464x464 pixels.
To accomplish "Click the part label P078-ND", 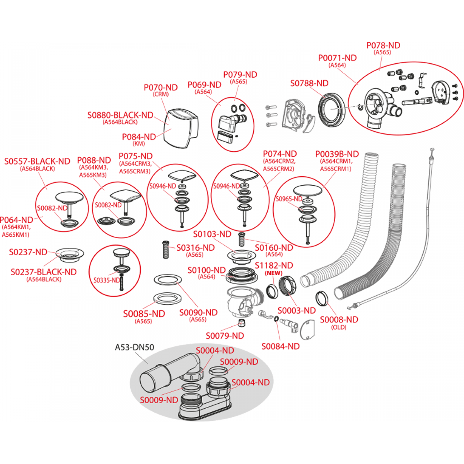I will point(383,45).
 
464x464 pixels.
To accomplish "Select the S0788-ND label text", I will point(309,83).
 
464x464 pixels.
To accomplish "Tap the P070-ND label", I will point(161,88).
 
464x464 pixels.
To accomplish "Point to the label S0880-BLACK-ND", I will point(120,115).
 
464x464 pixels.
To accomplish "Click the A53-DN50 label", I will point(134,347).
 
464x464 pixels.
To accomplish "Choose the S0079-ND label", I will point(225,336).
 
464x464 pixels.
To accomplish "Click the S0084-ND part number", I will point(281,346).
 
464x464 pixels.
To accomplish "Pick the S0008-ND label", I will point(339,320).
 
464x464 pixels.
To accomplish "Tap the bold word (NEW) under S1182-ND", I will point(273,273).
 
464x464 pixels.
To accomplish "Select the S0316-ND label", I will point(195,247).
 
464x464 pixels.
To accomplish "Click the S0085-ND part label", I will point(144,314).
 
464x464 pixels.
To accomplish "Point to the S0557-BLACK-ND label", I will point(37,161).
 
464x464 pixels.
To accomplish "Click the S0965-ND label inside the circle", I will point(289,199).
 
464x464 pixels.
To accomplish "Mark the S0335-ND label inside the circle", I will point(106,280).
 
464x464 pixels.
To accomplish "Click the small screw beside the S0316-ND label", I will point(166,250).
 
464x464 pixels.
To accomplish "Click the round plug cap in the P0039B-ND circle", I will point(307,190).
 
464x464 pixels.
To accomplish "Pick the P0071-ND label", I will point(337,58).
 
